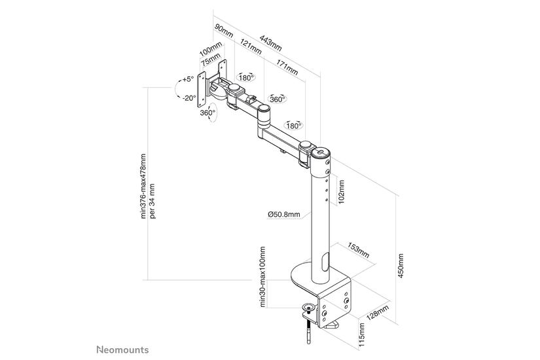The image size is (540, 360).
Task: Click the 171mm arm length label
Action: [x=286, y=67]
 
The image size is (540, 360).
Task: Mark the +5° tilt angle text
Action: [x=189, y=79]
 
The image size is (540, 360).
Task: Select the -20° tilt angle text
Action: [x=189, y=98]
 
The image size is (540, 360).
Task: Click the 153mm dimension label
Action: [x=357, y=252]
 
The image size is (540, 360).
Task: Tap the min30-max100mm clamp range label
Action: [x=262, y=276]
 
